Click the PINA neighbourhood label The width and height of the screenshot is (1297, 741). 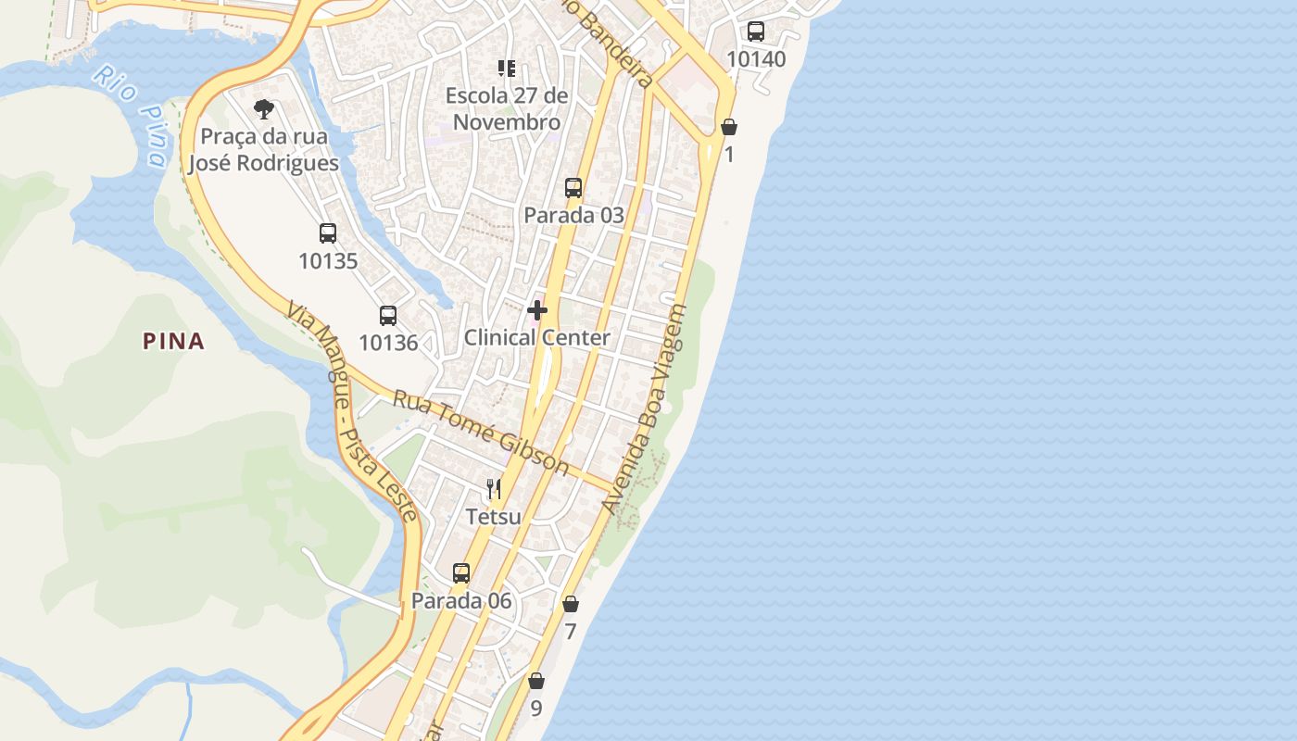173,341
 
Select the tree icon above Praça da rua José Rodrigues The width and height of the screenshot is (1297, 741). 264,109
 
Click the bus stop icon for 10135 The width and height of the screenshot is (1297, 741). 328,233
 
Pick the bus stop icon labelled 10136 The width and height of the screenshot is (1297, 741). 388,315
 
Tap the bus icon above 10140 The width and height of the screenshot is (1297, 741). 756,31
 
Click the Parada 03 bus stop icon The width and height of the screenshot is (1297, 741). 573,188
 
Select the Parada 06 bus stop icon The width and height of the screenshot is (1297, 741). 461,573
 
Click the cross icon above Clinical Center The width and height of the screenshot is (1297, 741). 537,310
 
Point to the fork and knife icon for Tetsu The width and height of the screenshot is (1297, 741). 494,489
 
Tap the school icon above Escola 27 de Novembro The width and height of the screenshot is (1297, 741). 506,69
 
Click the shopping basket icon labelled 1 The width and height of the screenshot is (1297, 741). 729,127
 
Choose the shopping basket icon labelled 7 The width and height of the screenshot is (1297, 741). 571,604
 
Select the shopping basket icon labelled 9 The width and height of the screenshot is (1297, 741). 536,682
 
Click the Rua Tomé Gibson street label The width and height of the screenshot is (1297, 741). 481,433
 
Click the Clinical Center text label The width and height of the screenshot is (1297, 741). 537,337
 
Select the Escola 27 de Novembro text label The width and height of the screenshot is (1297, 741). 506,108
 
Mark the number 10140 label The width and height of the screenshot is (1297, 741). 756,59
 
